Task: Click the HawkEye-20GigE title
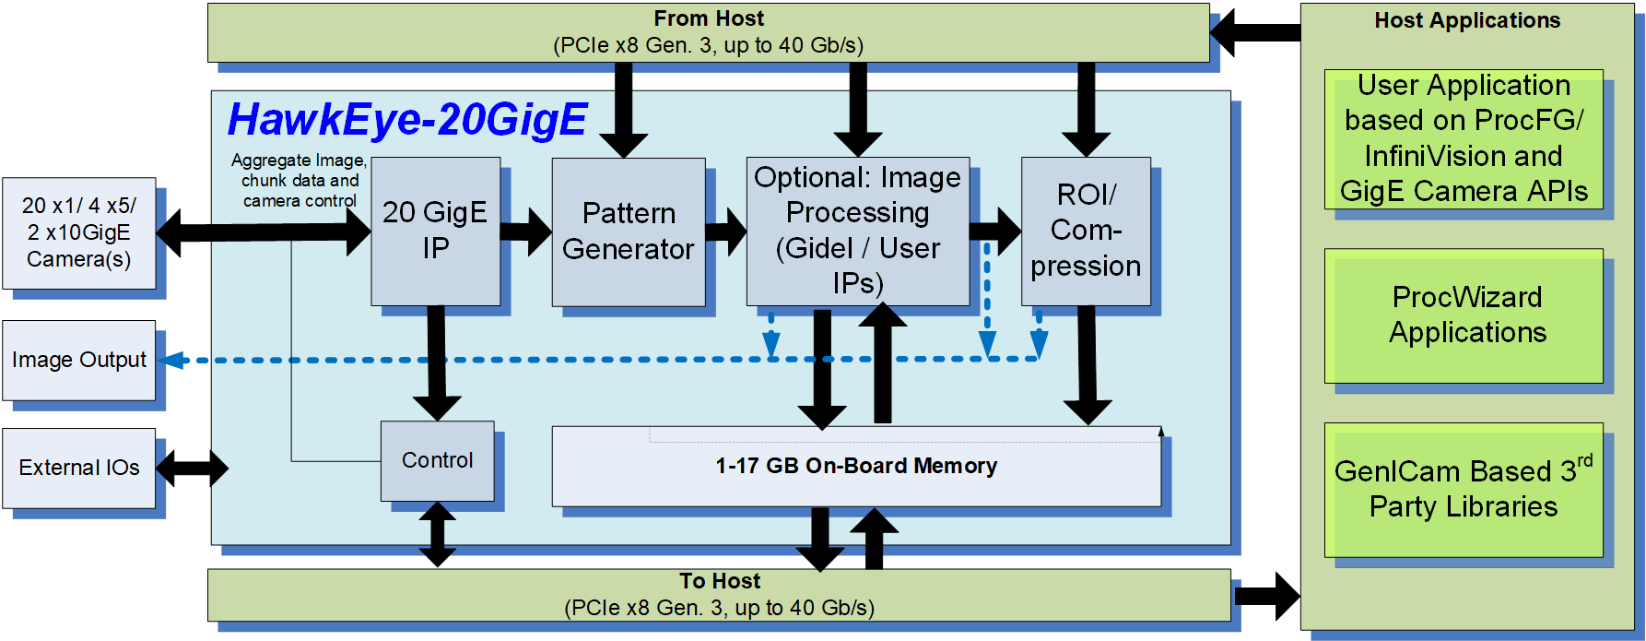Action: point(407,120)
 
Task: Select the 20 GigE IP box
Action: point(435,231)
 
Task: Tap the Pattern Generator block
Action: point(629,231)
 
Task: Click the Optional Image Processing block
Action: point(857,231)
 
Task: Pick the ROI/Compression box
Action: point(1086,231)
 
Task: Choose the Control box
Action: point(437,460)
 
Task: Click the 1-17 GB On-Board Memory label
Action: point(856,466)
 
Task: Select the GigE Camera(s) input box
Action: point(79,232)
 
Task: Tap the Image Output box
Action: point(79,360)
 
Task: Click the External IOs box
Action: point(79,468)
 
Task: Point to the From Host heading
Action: point(709,18)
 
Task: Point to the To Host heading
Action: point(720,581)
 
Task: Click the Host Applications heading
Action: point(1467,20)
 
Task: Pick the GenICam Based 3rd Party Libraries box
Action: point(1464,489)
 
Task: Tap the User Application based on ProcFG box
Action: point(1464,138)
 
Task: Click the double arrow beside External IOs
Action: point(192,468)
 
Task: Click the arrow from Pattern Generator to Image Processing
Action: point(726,231)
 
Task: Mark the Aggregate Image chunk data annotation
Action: point(299,181)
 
